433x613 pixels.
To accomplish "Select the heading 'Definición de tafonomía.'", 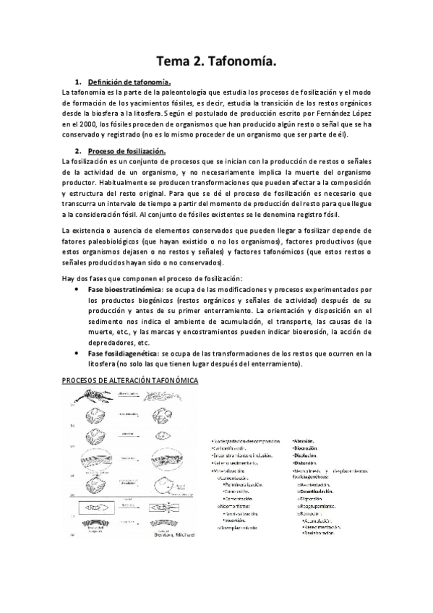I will [128, 82].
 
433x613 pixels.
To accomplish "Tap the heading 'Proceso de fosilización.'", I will [127, 150].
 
